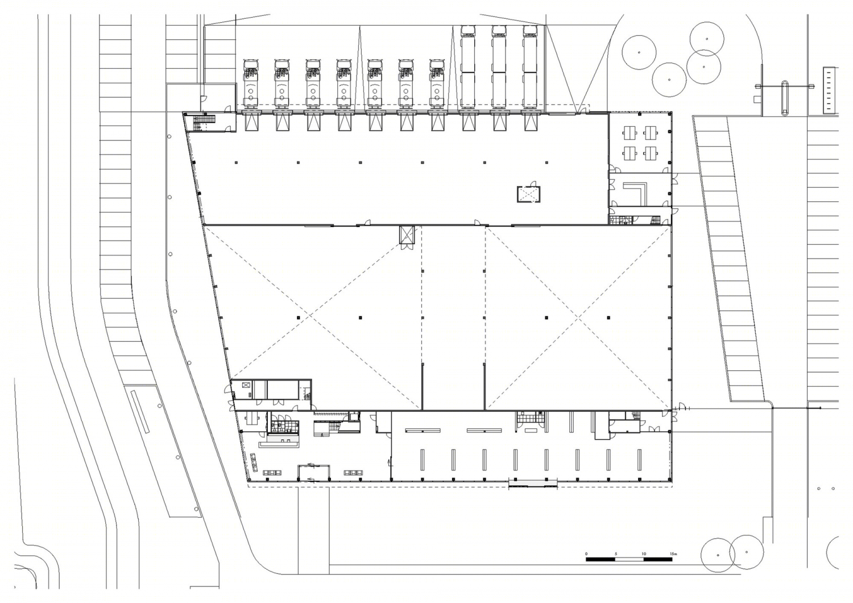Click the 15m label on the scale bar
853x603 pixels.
673,554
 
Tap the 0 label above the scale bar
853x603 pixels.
586,554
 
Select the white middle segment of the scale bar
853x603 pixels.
629,560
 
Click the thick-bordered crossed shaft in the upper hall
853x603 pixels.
528,195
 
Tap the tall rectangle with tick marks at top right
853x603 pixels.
829,90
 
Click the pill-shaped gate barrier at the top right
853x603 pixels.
784,98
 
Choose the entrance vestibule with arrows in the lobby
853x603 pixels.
314,473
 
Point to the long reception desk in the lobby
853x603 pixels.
279,444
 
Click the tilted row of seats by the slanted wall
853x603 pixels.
254,462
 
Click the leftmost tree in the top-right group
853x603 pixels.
639,52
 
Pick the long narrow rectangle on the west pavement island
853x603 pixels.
139,411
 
